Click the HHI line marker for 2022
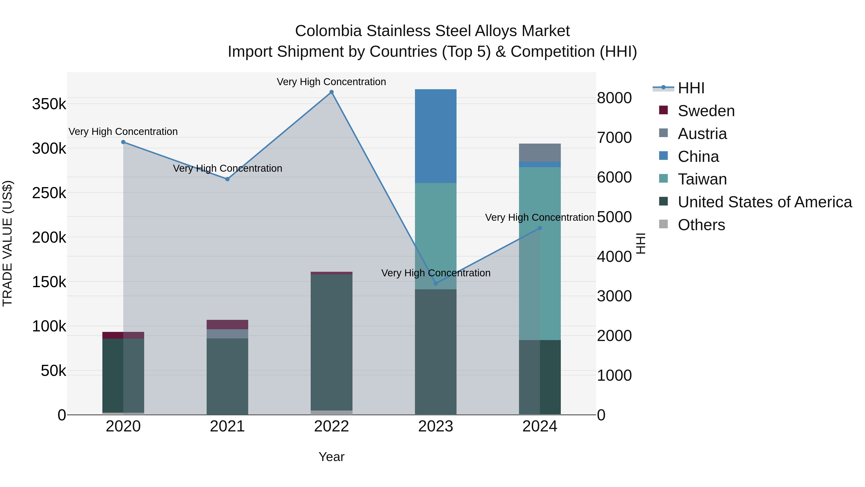(331, 92)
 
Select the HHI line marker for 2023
(436, 283)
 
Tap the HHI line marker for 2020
(123, 142)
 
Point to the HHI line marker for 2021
(227, 179)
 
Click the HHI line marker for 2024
(540, 228)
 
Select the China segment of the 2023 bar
(436, 136)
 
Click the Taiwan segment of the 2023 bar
(436, 235)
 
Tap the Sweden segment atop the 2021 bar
(227, 324)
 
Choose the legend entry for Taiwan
(702, 179)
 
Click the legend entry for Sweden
(706, 111)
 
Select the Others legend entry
(701, 225)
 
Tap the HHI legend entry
(691, 88)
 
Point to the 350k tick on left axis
(49, 104)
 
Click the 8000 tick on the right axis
(614, 98)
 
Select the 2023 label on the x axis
(436, 426)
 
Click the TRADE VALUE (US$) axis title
(7, 243)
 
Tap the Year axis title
(331, 457)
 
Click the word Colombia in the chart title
(328, 31)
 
